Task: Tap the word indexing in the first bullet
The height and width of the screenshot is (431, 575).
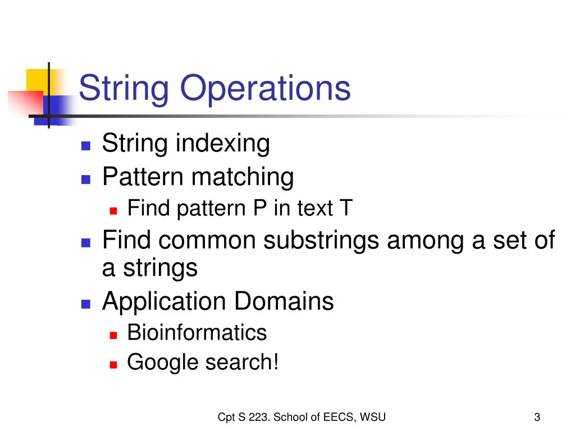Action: click(x=223, y=144)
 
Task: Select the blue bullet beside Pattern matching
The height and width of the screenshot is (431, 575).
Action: click(x=85, y=179)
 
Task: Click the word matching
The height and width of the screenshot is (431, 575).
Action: click(x=243, y=177)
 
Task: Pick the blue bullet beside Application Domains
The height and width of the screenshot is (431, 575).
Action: click(x=85, y=304)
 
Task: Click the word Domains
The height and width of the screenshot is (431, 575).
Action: click(x=284, y=302)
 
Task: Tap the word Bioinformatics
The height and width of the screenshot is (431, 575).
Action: click(x=197, y=333)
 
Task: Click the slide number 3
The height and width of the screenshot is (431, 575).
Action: click(x=537, y=417)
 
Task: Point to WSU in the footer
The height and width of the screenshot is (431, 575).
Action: click(x=373, y=416)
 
